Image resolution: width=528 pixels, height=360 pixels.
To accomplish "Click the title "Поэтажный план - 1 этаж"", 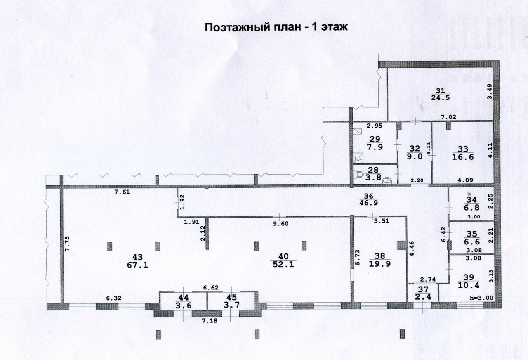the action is click(277, 28).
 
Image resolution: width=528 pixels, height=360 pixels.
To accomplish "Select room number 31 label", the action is click(440, 91).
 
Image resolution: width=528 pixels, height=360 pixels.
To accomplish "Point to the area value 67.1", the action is click(138, 265).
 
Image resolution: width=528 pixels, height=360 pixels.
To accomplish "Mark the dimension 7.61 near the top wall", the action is click(122, 192).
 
